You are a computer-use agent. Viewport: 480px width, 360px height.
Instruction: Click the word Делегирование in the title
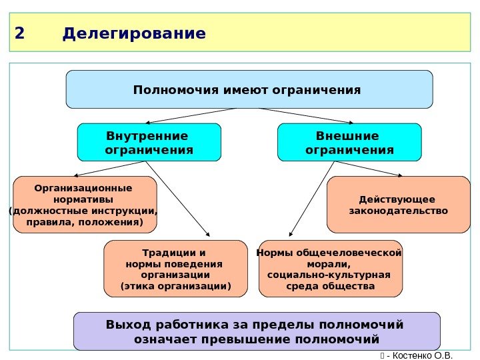134,33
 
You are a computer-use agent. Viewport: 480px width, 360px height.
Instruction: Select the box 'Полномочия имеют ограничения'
249,89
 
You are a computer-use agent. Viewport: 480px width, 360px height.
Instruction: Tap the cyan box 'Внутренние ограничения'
149,143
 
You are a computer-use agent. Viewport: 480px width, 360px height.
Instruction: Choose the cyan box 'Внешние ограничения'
349,143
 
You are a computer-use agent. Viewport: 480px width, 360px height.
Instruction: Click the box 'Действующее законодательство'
398,205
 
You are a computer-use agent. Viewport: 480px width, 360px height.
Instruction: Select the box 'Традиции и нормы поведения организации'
175,269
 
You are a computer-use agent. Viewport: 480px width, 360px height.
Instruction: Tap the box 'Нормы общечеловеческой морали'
330,269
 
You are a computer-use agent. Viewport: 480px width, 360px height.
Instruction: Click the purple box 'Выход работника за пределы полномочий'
257,331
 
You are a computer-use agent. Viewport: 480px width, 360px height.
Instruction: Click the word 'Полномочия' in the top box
167,89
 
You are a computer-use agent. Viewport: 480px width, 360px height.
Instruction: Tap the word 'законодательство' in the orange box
399,211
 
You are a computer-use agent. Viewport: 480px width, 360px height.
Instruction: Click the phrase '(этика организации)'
175,287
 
